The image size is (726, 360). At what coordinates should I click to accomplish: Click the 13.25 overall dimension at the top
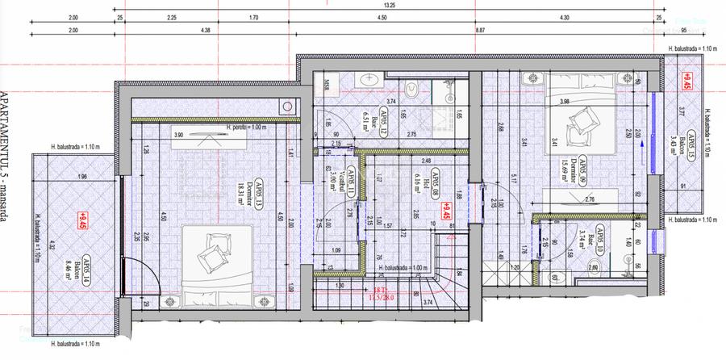(x=389, y=5)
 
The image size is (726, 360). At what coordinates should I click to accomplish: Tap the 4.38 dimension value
(x=206, y=30)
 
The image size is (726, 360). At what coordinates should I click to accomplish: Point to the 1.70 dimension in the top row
(x=253, y=16)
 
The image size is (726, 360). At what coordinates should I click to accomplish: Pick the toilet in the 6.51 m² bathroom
(x=410, y=92)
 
